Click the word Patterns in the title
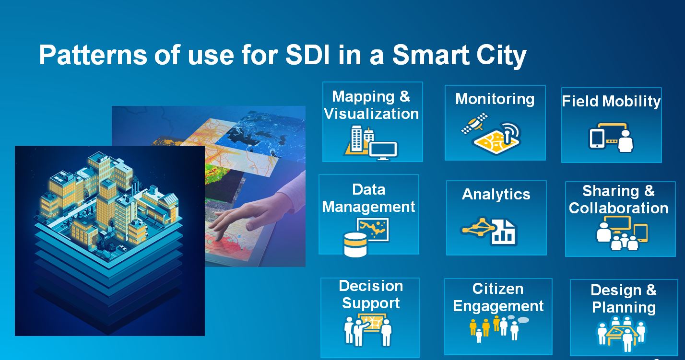[x=93, y=56]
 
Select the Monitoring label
[x=495, y=99]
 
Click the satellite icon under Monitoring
[x=474, y=123]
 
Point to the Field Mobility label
[x=611, y=101]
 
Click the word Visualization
[x=371, y=114]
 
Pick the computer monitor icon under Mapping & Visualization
[x=383, y=151]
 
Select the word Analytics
[x=496, y=194]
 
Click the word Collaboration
[x=618, y=208]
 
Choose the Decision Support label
[x=371, y=294]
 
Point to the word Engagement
[x=498, y=306]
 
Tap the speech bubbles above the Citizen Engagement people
[x=517, y=319]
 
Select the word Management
[x=368, y=207]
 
